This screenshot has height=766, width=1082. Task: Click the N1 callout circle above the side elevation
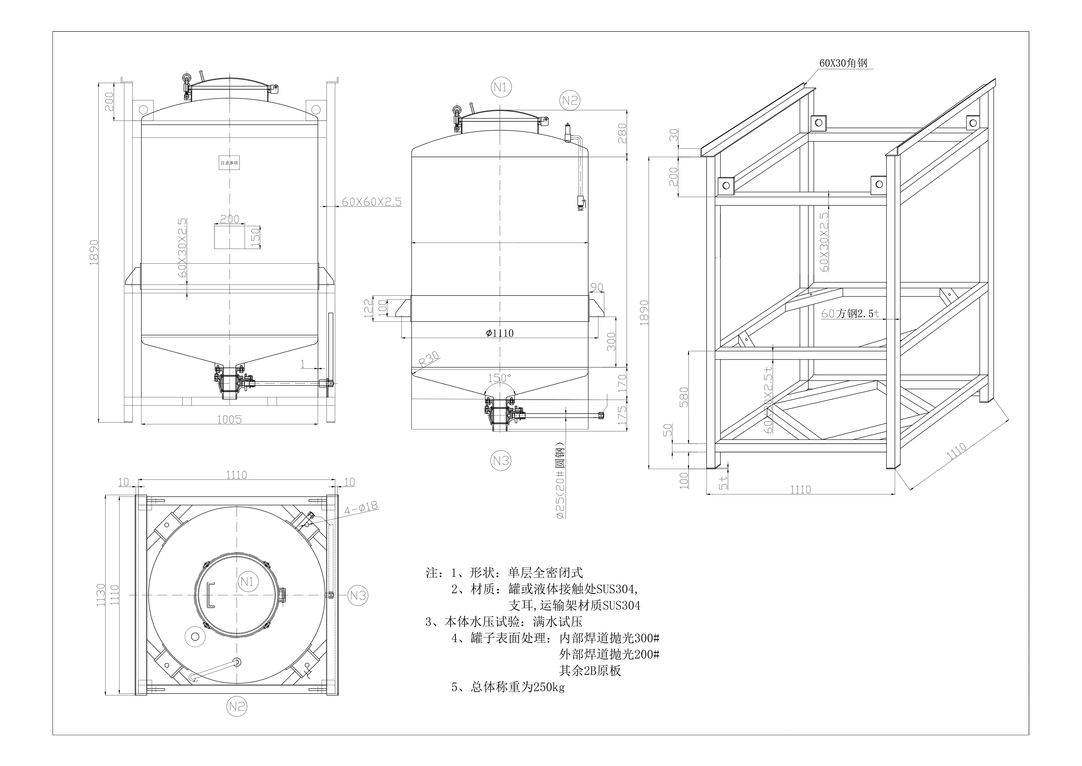(501, 87)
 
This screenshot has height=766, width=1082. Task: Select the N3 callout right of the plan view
(358, 596)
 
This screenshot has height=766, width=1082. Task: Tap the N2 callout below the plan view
(237, 706)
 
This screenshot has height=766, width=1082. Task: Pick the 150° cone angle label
(500, 378)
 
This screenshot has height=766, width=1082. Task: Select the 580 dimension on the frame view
(684, 397)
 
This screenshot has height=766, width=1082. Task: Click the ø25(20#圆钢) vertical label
(560, 481)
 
